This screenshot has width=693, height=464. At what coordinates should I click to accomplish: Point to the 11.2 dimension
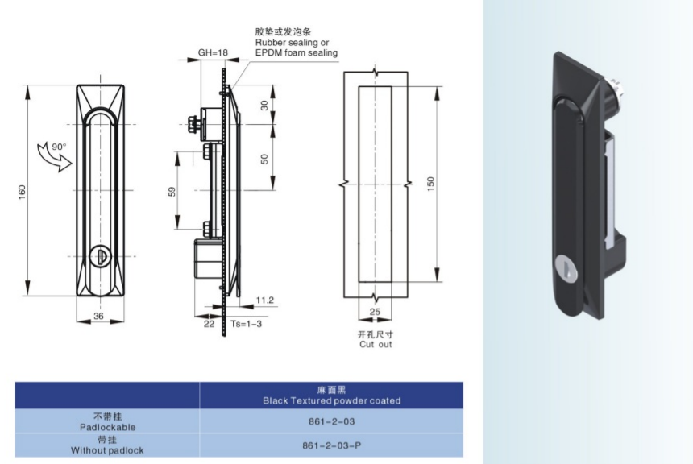(264, 300)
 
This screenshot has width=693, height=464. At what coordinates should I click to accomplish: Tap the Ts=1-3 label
(244, 323)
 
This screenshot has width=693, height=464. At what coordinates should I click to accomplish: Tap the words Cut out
(375, 344)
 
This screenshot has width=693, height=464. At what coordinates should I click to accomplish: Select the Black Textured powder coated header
(331, 400)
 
